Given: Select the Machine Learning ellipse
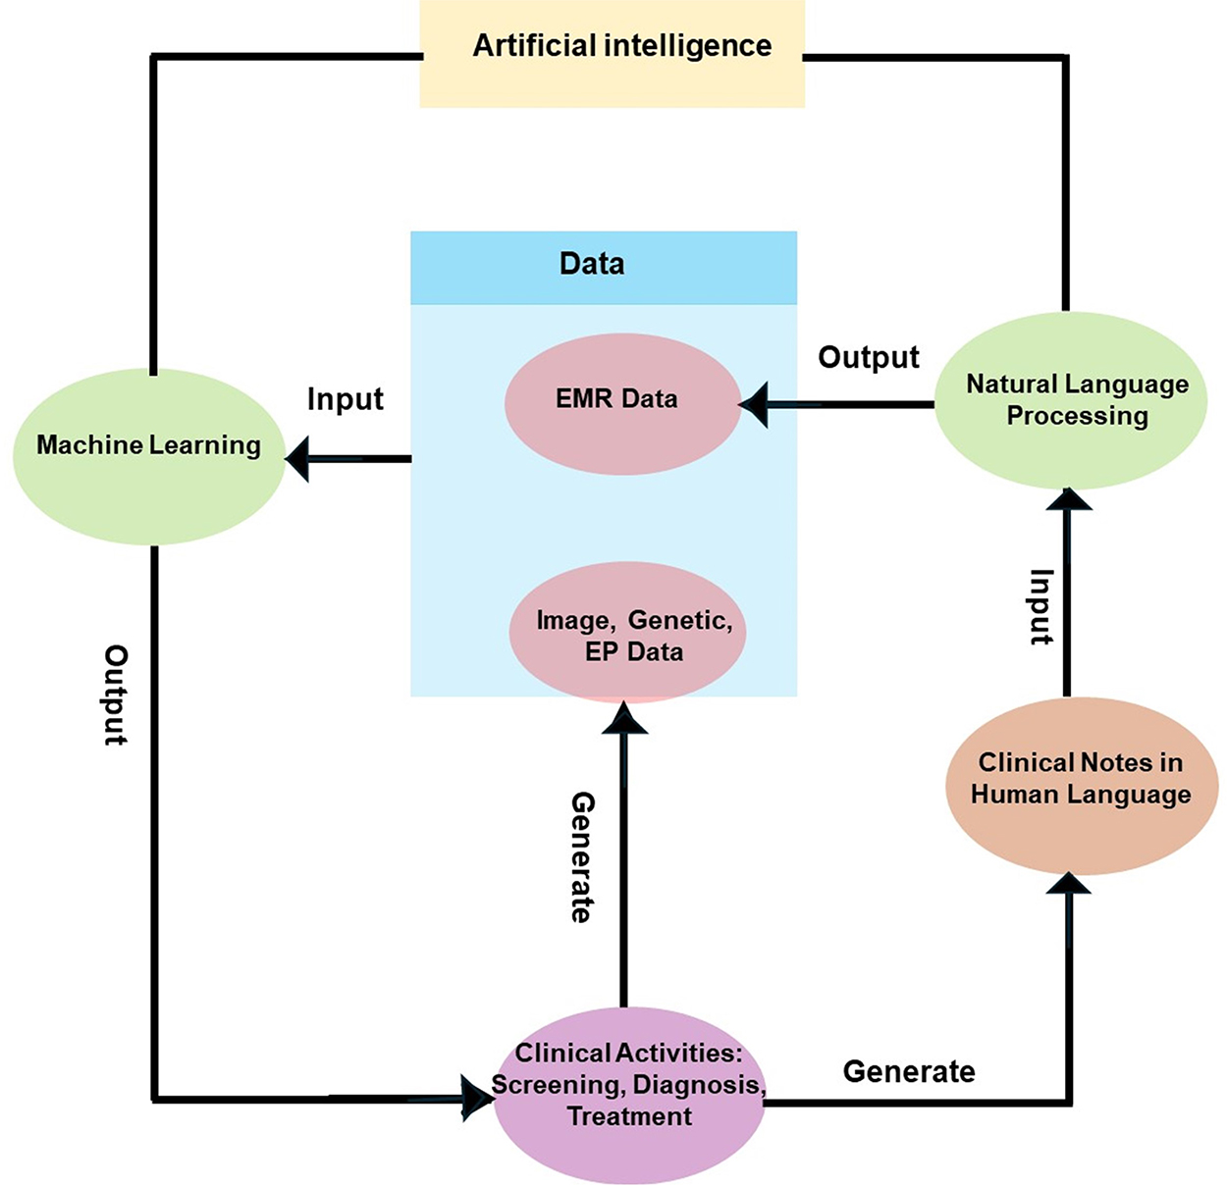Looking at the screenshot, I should click(149, 456).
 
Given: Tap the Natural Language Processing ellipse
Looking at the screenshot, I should click(1071, 400).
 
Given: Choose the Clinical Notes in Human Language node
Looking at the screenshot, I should click(1081, 785).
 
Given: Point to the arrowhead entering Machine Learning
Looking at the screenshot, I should click(297, 458).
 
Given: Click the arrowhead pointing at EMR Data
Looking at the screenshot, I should click(753, 404).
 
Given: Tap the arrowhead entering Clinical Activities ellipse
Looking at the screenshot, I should click(478, 1099).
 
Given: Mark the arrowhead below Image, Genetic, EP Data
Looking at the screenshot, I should click(624, 718).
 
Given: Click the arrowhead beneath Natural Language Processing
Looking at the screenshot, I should click(1069, 498).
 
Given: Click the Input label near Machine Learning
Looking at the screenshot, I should click(345, 399).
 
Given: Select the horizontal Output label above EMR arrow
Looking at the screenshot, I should click(869, 357).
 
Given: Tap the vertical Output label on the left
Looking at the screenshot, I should click(116, 695).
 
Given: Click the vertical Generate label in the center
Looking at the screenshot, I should click(583, 856).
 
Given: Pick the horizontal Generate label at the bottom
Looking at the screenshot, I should click(909, 1071).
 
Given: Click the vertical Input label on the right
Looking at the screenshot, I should click(1041, 605).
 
